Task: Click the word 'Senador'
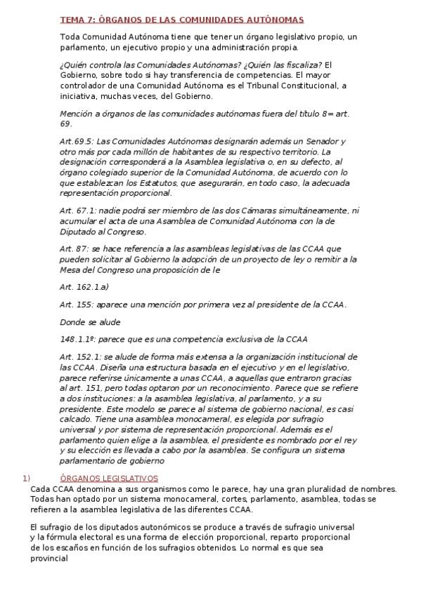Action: pos(329,141)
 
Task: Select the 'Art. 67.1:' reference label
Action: pos(78,210)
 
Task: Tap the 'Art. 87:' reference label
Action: pos(75,248)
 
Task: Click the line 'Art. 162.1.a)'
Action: pos(84,286)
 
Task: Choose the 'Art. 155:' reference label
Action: pos(76,304)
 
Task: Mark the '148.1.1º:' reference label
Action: pos(78,339)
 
